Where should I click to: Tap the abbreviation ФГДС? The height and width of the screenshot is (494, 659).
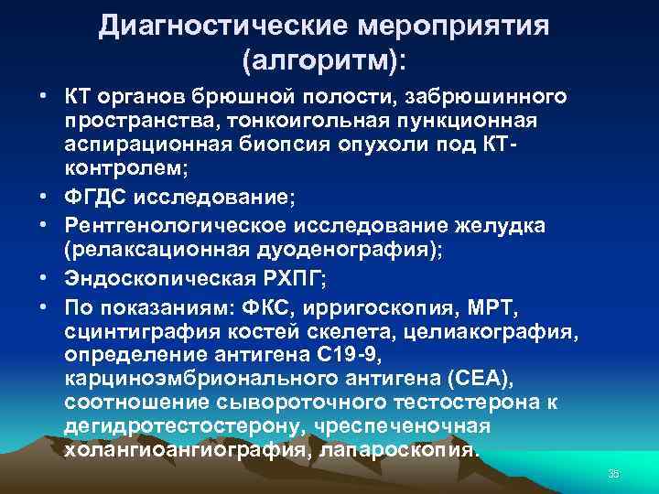tap(99, 193)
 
